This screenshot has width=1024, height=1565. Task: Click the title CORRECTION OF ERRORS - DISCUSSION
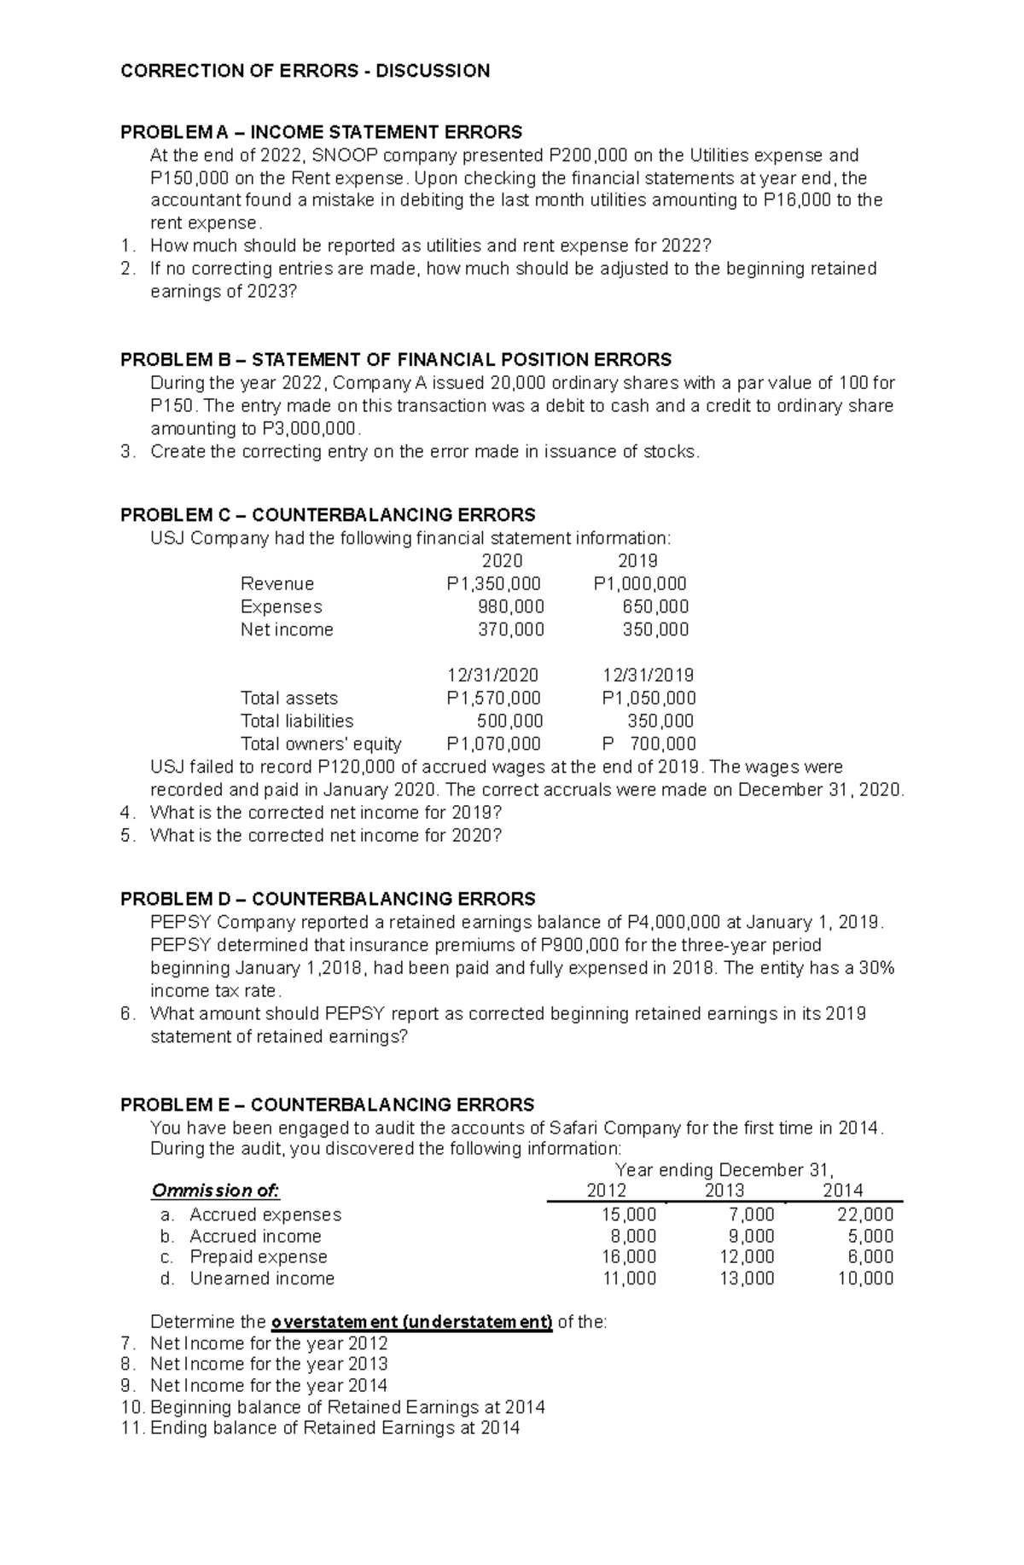pos(305,71)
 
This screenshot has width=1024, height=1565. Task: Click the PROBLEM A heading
pos(321,132)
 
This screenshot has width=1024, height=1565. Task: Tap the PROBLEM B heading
pos(396,359)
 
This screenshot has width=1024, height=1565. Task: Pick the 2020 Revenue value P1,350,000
pos(493,583)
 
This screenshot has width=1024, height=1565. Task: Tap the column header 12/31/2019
pos(648,675)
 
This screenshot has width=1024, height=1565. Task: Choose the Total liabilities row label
pos(297,721)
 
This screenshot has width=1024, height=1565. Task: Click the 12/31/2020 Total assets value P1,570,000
pos(493,698)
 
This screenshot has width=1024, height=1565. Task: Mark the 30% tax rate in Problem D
pos(876,968)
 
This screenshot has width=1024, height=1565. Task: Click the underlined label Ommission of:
pos(215,1191)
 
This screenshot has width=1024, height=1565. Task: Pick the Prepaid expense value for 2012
pos(629,1256)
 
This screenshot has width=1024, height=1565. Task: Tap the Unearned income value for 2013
pos(747,1278)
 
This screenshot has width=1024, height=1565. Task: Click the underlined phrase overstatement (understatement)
pos(411,1322)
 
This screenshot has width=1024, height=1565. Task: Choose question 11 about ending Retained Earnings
pos(321,1428)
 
